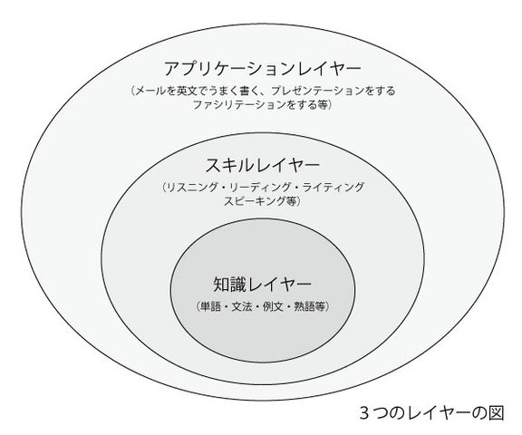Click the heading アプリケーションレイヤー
point(263,69)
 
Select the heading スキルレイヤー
point(262,166)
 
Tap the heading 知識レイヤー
point(262,285)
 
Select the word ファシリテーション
point(240,105)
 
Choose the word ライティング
point(333,188)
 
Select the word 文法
point(242,306)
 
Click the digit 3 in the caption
point(364,413)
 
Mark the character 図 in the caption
point(496,412)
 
